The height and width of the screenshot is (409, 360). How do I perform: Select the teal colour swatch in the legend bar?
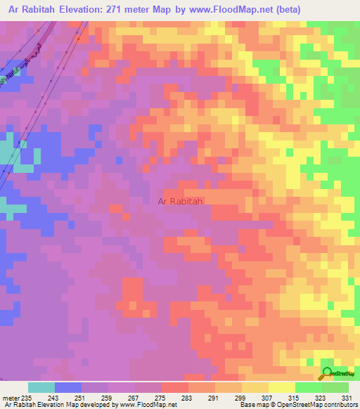(x=41, y=387)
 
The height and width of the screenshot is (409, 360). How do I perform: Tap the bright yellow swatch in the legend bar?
(x=281, y=387)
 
